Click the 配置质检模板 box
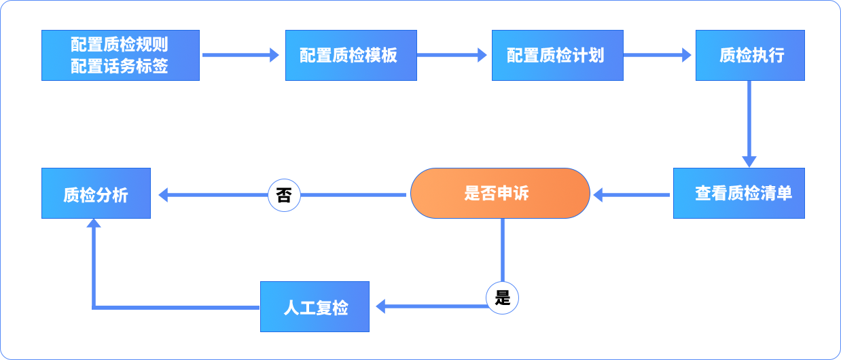[x=351, y=56]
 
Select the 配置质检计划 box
[x=557, y=56]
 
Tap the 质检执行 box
[x=750, y=56]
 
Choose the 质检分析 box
[x=96, y=194]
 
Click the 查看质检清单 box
[x=739, y=194]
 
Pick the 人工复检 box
[x=315, y=307]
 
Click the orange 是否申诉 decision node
[x=500, y=194]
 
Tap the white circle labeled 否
[x=284, y=196]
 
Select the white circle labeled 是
[x=503, y=298]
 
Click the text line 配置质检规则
[x=120, y=46]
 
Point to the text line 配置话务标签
[x=120, y=67]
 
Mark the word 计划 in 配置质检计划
[x=588, y=56]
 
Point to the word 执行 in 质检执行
[x=768, y=56]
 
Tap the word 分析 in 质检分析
[x=112, y=196]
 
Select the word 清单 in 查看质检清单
[x=776, y=194]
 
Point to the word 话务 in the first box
[x=120, y=67]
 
